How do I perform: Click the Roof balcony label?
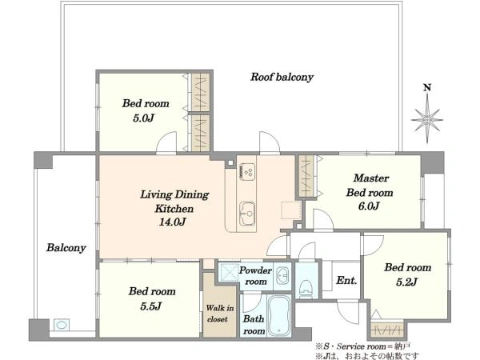point(282,77)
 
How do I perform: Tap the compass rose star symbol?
point(427,120)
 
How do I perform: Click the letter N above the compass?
point(427,87)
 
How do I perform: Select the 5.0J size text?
point(143,118)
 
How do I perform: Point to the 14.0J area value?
point(172,222)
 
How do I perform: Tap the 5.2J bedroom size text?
point(407,282)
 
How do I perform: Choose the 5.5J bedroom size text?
point(150,306)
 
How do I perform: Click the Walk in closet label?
point(219,314)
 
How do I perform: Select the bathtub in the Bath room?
point(279,316)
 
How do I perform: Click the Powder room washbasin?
point(282,275)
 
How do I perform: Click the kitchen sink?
point(247,214)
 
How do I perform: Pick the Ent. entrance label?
point(346,281)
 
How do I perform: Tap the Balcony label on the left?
point(66,248)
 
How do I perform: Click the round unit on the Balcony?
point(62,325)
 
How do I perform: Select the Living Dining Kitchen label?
point(174,202)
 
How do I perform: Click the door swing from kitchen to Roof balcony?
point(270,142)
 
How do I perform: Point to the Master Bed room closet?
point(306,176)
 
